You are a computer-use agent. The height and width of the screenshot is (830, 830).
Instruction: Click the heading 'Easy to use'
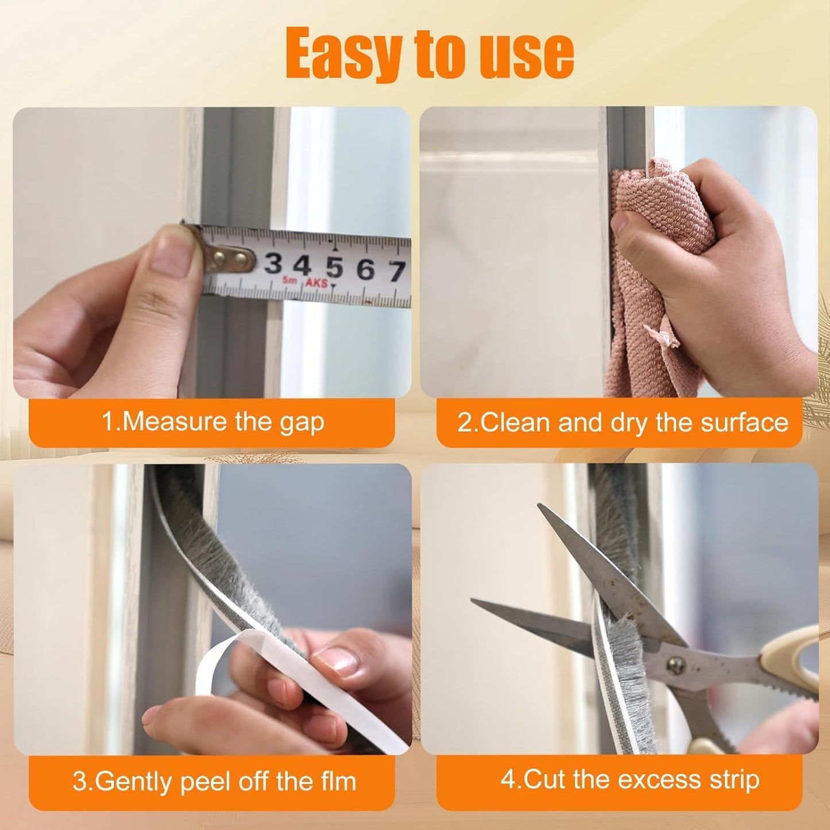430,55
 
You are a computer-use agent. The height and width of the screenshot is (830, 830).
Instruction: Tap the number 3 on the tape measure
273,265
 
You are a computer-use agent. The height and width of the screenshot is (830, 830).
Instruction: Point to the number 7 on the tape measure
396,271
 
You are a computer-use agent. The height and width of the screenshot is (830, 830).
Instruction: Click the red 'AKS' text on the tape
316,283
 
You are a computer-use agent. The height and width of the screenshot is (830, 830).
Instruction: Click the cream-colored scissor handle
793,661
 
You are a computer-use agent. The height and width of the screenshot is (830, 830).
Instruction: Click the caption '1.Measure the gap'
213,422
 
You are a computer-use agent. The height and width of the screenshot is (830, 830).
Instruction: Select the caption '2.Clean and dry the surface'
623,423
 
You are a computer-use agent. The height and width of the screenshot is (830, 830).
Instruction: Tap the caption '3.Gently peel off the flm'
214,782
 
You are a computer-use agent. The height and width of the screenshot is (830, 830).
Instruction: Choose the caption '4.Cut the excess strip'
630,780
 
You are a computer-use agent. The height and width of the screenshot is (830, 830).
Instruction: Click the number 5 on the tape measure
334,268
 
